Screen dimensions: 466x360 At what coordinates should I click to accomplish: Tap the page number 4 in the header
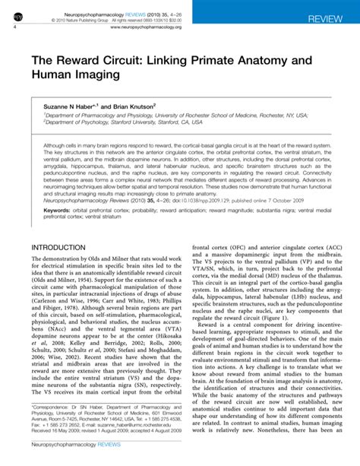click(15, 26)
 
